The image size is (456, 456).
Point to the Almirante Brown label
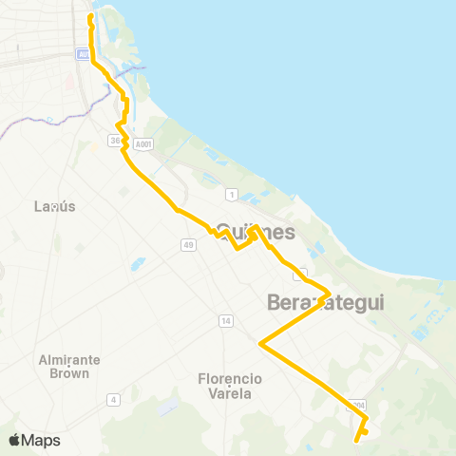[x=65, y=366]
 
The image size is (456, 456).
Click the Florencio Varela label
[x=229, y=385]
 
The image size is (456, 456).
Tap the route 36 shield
[x=115, y=142]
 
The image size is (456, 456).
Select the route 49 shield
[x=189, y=245]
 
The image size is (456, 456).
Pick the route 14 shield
[x=225, y=320]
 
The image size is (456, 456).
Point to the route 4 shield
[x=113, y=399]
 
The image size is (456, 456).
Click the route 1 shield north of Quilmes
[x=231, y=194]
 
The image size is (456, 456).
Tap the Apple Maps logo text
[x=41, y=440]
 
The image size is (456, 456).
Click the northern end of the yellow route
[x=90, y=16]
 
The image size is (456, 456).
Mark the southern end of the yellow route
[x=356, y=440]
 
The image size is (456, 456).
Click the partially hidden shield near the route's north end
[x=84, y=54]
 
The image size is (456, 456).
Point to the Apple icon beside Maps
[x=15, y=440]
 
